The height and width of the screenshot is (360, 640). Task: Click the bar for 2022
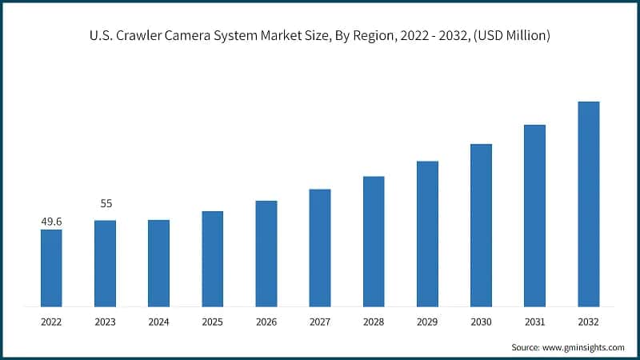(x=51, y=268)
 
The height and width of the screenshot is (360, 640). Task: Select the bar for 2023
(x=105, y=263)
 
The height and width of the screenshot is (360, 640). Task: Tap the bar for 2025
(x=212, y=258)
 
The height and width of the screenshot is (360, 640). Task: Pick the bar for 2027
(x=319, y=248)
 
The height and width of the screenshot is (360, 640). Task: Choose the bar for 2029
(x=427, y=234)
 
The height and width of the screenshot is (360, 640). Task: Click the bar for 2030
(x=481, y=225)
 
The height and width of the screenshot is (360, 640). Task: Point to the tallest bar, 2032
(x=588, y=204)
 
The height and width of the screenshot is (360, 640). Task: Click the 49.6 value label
(x=51, y=221)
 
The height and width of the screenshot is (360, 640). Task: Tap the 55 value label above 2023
(x=106, y=204)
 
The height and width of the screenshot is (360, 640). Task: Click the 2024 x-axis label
(x=158, y=322)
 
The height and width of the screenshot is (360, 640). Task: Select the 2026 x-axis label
(x=266, y=322)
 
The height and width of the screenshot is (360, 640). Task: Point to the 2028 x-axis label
(x=374, y=322)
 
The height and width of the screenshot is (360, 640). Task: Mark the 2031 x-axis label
(x=534, y=322)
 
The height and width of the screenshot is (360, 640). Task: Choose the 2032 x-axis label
(x=588, y=322)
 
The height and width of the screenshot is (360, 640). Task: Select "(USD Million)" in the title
(x=511, y=36)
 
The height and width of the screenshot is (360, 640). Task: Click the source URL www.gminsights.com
(x=583, y=347)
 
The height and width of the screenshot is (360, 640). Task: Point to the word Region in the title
(x=370, y=36)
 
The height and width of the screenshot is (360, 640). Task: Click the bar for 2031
(x=534, y=215)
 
